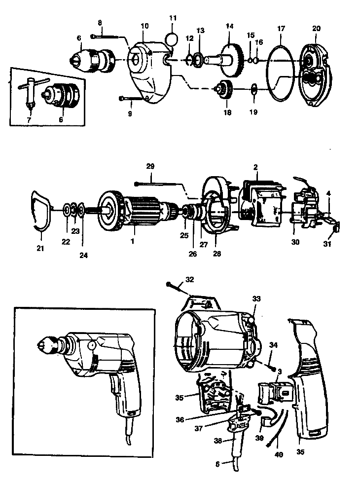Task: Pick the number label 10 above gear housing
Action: (x=144, y=25)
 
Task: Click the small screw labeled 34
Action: (x=272, y=365)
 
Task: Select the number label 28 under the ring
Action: (x=216, y=254)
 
